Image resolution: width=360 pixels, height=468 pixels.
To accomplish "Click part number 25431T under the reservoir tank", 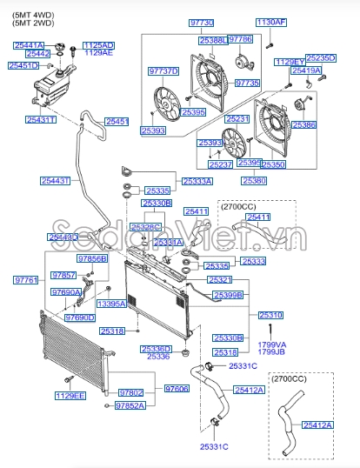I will (40, 119).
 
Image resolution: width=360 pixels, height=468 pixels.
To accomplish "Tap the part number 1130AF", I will (270, 22).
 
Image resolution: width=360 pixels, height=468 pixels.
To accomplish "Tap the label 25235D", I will (321, 57).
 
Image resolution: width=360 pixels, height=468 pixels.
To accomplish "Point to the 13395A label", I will (111, 304).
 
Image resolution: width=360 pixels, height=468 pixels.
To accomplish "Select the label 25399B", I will (226, 296).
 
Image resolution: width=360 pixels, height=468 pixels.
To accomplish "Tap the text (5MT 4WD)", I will (28, 10).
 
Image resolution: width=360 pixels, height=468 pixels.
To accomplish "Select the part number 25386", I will (330, 125).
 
